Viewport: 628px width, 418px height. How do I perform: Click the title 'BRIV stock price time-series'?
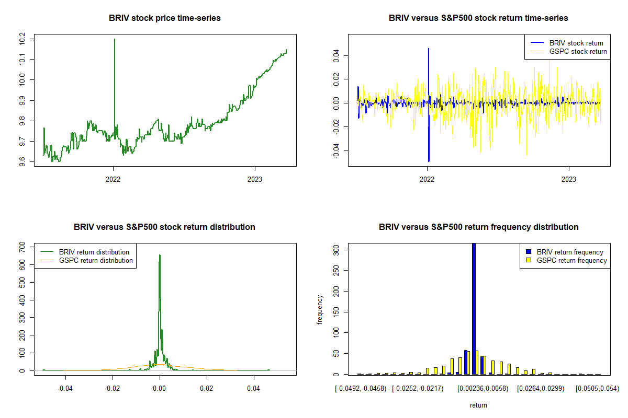[x=165, y=18]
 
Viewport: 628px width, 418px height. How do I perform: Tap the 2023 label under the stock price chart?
[x=255, y=178]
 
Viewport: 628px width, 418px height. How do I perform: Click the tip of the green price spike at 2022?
[x=114, y=39]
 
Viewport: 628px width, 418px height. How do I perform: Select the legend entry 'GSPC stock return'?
[x=578, y=51]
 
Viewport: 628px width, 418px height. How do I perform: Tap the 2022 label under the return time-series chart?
[x=428, y=178]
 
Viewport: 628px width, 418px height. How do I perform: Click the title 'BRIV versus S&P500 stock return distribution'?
[x=165, y=227]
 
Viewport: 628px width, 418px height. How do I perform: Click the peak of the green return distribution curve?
[x=160, y=256]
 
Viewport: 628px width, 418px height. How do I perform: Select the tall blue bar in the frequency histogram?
[x=474, y=308]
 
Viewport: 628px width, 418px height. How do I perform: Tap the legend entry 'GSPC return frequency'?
[x=571, y=260]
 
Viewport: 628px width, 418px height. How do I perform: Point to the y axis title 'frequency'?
[x=320, y=310]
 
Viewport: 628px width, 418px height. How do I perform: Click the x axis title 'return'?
[x=478, y=405]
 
